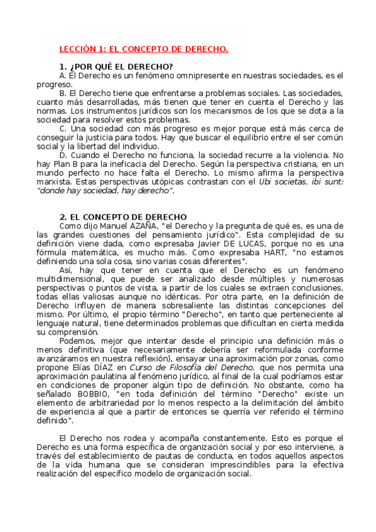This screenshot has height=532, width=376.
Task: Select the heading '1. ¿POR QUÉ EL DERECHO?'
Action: [116, 67]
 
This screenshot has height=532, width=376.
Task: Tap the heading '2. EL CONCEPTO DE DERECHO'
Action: [123, 217]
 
